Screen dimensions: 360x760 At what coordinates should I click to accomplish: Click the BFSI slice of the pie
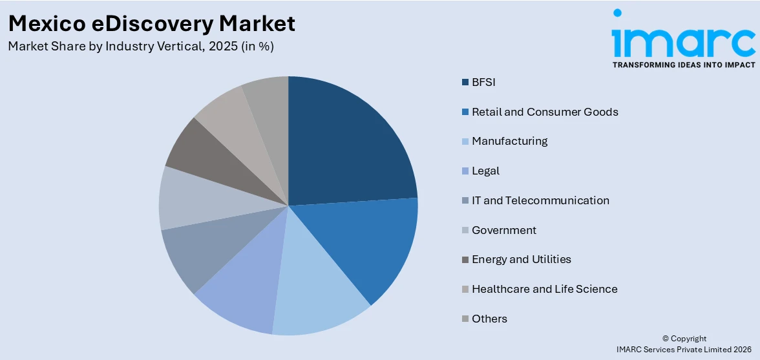pyautogui.click(x=349, y=149)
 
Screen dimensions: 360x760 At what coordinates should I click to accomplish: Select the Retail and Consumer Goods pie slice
pyautogui.click(x=375, y=246)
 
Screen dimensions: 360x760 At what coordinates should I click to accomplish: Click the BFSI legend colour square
pyautogui.click(x=465, y=82)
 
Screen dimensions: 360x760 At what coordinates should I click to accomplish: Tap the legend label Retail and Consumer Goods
pyautogui.click(x=545, y=112)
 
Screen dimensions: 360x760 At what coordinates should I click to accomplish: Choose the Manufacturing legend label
pyautogui.click(x=509, y=141)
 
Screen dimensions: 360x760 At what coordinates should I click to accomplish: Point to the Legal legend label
pyautogui.click(x=485, y=171)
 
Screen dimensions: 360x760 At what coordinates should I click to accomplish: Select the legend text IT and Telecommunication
pyautogui.click(x=540, y=200)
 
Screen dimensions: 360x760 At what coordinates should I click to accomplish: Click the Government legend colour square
pyautogui.click(x=465, y=230)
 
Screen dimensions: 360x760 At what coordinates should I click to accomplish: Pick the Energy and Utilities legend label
pyautogui.click(x=522, y=259)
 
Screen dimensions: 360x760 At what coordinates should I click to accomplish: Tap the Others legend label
pyautogui.click(x=489, y=319)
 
